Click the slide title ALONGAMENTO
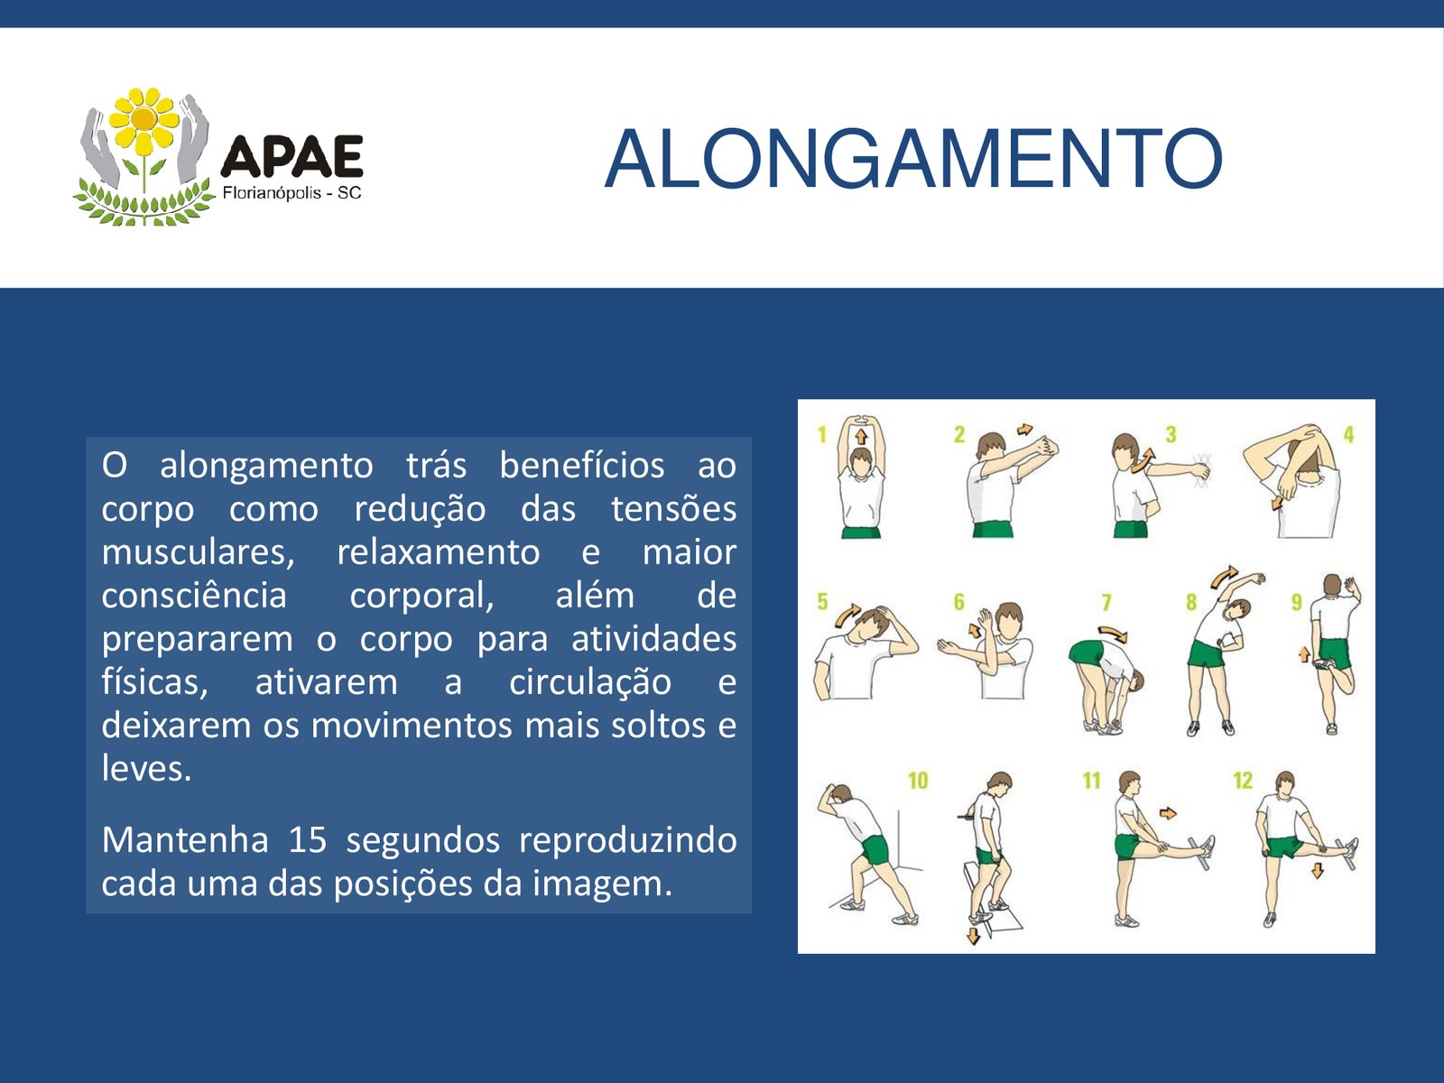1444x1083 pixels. pos(913,159)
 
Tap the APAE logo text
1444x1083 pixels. pos(292,156)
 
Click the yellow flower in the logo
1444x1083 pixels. pos(143,120)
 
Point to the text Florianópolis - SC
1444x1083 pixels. pos(292,193)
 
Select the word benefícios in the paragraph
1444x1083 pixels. pos(581,466)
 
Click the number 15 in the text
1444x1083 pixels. pos(307,839)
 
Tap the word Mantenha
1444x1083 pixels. pos(185,839)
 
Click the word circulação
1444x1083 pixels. pos(590,682)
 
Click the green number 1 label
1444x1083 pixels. pos(822,435)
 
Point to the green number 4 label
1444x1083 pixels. pos(1348,434)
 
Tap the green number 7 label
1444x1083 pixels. pos(1106,602)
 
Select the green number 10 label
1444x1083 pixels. pos(918,781)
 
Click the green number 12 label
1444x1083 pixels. pos(1243,781)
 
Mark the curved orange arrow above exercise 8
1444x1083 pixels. pos(1224,576)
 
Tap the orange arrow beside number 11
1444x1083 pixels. pos(1168,813)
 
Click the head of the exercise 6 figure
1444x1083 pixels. pos(1009,619)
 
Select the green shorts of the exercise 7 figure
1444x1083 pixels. pos(1085,653)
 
